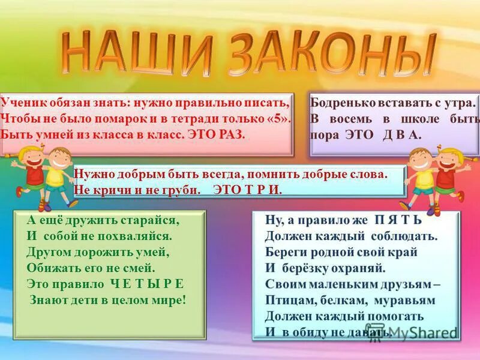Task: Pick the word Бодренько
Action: [339, 103]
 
